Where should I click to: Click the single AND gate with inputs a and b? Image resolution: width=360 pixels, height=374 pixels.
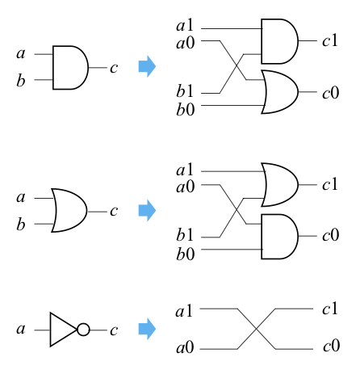(x=70, y=67)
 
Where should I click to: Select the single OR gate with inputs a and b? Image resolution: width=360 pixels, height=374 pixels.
(x=69, y=210)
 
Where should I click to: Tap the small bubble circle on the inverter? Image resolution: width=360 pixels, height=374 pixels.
(x=83, y=330)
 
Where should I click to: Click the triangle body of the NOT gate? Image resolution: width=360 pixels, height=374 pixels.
(x=64, y=330)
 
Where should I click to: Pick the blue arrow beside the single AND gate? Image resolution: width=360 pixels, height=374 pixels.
(x=147, y=66)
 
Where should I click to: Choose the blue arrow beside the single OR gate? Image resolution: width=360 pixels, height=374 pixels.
(x=147, y=210)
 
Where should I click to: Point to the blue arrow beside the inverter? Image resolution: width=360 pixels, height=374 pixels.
(x=147, y=329)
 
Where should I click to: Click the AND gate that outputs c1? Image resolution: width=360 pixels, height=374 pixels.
(x=280, y=41)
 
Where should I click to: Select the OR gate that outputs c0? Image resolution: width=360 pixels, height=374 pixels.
(x=280, y=92)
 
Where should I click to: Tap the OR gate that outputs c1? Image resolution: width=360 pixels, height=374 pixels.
(x=280, y=185)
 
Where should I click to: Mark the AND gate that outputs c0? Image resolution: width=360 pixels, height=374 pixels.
(x=280, y=237)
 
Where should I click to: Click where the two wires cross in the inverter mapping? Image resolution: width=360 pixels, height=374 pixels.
(x=256, y=329)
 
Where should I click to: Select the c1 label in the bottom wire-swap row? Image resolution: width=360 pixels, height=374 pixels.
(x=330, y=309)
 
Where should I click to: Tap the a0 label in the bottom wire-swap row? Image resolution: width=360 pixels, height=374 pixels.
(x=185, y=347)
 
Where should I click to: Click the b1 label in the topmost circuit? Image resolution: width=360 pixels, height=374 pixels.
(x=185, y=91)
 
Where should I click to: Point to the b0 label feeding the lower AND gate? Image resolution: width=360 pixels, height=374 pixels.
(x=186, y=254)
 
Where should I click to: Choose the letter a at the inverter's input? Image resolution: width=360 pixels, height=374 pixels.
(x=21, y=329)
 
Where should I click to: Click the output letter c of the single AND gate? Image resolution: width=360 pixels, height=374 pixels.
(x=114, y=68)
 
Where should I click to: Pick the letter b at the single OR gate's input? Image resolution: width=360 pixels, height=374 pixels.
(x=21, y=225)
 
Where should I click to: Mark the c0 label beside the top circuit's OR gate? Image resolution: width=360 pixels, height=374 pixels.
(x=331, y=93)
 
